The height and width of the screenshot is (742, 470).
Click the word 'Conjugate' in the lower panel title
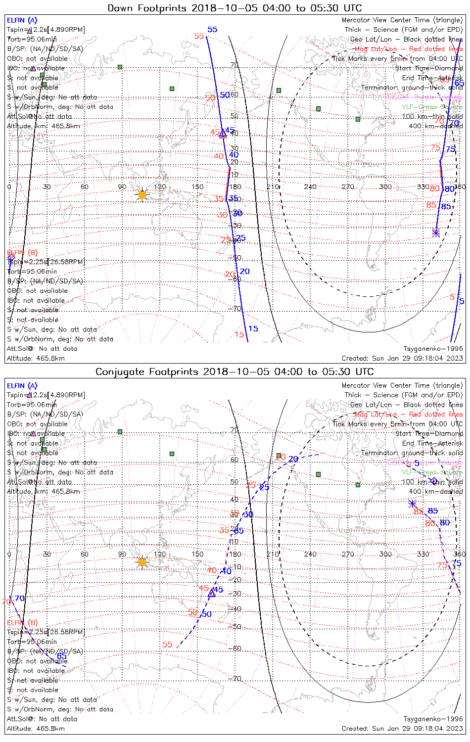(118, 372)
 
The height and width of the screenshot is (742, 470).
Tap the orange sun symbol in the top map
(142, 195)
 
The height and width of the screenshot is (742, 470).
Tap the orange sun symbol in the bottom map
(142, 562)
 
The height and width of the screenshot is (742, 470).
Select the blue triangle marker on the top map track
(223, 133)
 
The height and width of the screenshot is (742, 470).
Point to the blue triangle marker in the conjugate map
(212, 593)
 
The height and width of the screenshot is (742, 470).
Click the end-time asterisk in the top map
(435, 232)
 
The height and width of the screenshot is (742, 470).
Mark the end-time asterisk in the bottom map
(412, 504)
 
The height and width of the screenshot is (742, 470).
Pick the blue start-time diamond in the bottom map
(434, 481)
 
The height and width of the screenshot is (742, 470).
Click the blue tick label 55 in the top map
(212, 30)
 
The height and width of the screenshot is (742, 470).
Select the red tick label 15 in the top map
(239, 335)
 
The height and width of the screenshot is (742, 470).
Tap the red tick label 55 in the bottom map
(168, 645)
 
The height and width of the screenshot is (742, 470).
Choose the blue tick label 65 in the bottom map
(61, 656)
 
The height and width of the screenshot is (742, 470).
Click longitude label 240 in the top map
(310, 187)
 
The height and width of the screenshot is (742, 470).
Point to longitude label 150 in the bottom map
(197, 554)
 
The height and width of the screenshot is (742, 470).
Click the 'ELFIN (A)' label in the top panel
(22, 20)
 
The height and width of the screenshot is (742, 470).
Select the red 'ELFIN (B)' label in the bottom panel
(22, 622)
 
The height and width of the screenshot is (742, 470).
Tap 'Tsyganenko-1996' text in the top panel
(433, 349)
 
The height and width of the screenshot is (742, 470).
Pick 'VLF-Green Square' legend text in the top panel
(432, 107)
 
